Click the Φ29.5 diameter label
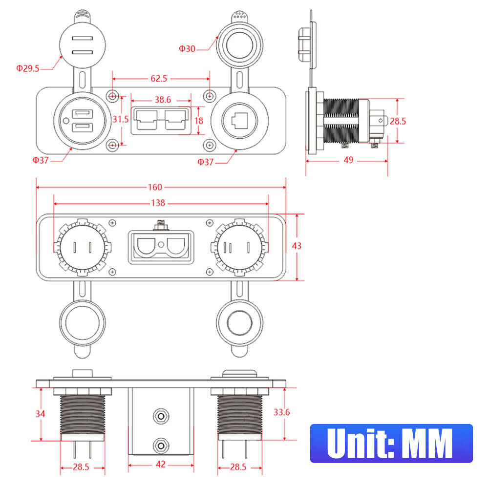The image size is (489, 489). [x=28, y=69]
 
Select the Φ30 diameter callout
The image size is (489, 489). [x=187, y=49]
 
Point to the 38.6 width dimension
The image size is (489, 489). [x=162, y=100]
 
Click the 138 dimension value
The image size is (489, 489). [x=159, y=203]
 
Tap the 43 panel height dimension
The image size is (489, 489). [x=297, y=246]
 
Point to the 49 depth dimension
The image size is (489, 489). [x=348, y=160]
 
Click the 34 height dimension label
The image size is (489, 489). [x=41, y=414]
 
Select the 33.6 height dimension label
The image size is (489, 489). [x=282, y=412]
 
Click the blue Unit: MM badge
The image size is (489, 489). [x=391, y=443]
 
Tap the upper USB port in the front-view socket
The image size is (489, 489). [x=81, y=115]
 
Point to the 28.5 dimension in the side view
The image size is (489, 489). [x=398, y=121]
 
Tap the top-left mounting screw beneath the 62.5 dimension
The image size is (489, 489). [x=113, y=96]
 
